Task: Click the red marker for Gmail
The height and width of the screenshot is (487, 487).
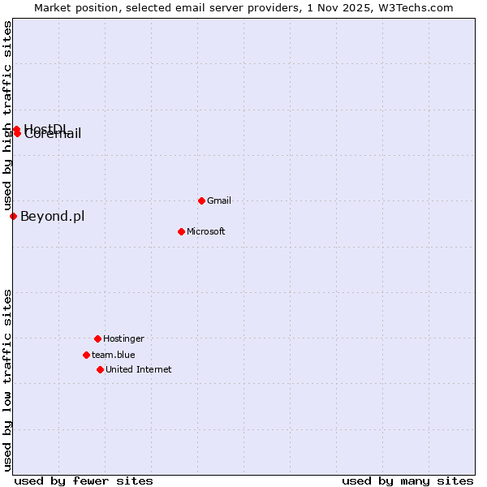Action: tap(201, 200)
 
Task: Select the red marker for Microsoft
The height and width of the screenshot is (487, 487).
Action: tap(181, 231)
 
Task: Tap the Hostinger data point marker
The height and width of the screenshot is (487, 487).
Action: tap(97, 338)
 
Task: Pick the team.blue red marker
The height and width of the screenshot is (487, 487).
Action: tap(86, 355)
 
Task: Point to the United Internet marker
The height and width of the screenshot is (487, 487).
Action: tap(100, 369)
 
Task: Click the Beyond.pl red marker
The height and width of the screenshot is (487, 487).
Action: tap(13, 216)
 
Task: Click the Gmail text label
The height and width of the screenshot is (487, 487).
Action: tap(219, 200)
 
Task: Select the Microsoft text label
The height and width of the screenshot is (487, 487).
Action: tap(205, 231)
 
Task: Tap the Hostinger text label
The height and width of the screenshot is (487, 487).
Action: tap(123, 338)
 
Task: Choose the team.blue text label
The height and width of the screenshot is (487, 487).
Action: tap(113, 355)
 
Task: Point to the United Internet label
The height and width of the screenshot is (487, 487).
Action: tap(138, 369)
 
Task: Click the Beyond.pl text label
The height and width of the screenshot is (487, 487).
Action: tap(52, 216)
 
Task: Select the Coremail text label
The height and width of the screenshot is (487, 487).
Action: tap(54, 135)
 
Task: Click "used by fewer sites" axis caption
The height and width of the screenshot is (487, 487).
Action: tap(84, 481)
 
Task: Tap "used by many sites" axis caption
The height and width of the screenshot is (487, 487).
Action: tap(407, 481)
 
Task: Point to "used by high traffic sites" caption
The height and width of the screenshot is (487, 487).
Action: tap(8, 114)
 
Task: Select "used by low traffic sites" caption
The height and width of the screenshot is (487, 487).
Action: tap(8, 380)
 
